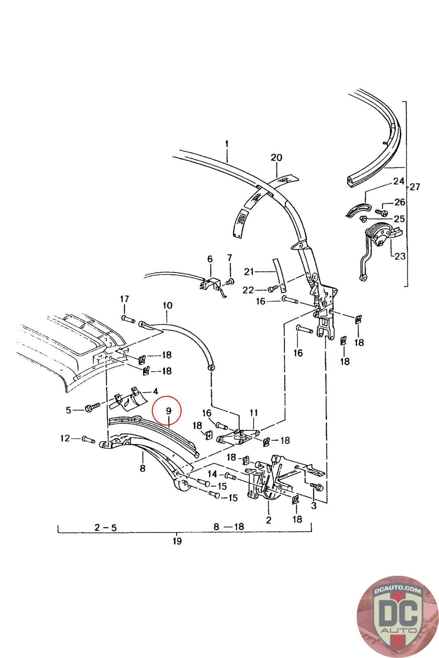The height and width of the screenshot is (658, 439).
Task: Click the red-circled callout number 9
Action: [x=168, y=410]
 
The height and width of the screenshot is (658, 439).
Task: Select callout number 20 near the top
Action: [x=276, y=157]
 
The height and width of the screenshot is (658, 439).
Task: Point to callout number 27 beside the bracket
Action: [x=414, y=187]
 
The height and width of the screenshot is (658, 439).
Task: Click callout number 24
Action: [x=399, y=181]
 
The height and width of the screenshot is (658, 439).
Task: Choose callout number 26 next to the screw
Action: [x=400, y=202]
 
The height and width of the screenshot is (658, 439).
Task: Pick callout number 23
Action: [x=400, y=257]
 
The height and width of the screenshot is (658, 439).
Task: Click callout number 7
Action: [x=230, y=258]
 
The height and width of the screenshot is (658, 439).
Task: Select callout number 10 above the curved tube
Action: [x=167, y=306]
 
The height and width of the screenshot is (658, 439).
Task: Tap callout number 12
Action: [x=65, y=438]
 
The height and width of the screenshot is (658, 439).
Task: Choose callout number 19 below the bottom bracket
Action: [x=177, y=541]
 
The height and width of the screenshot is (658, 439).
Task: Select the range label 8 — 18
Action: [x=228, y=526]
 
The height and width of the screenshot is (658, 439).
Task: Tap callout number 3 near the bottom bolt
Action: [x=314, y=506]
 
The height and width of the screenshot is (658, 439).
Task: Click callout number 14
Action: [x=212, y=473]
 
